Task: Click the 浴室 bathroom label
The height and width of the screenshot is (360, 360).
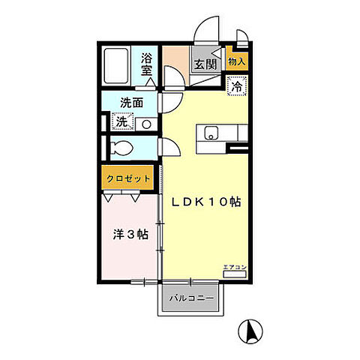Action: pyautogui.click(x=146, y=64)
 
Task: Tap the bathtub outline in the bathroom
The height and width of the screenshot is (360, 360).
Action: pyautogui.click(x=116, y=66)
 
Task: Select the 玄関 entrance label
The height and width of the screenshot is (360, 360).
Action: pyautogui.click(x=205, y=64)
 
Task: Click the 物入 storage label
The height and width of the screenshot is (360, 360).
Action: pyautogui.click(x=236, y=61)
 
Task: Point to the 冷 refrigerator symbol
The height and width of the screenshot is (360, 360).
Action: pyautogui.click(x=237, y=86)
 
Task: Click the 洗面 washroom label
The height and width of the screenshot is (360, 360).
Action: pyautogui.click(x=132, y=103)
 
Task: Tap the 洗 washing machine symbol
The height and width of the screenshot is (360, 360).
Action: pyautogui.click(x=122, y=121)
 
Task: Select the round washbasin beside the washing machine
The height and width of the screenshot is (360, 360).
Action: pyautogui.click(x=146, y=124)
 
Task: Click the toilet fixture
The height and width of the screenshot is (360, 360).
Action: pyautogui.click(x=121, y=148)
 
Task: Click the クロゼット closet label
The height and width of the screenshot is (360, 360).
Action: pyautogui.click(x=128, y=178)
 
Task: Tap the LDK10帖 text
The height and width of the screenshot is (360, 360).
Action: pyautogui.click(x=206, y=202)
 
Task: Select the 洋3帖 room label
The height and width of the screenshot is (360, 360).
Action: pyautogui.click(x=130, y=235)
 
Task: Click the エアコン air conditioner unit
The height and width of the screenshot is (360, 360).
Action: pyautogui.click(x=235, y=274)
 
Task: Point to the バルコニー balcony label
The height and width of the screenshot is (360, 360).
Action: pyautogui.click(x=191, y=298)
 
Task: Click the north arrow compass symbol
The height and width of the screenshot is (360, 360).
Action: pyautogui.click(x=250, y=331)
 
